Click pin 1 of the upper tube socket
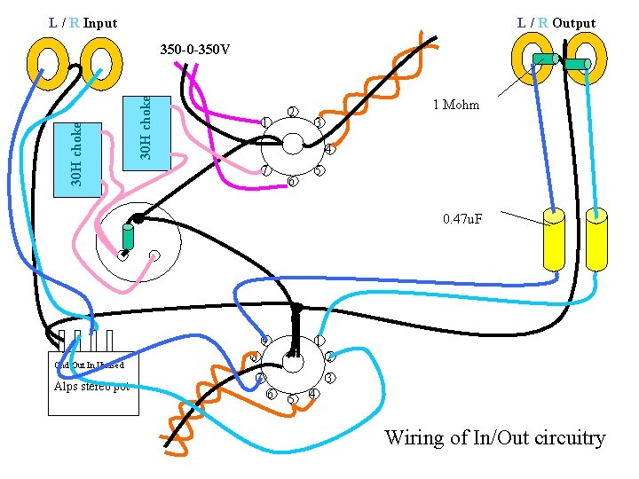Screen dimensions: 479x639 (266, 122)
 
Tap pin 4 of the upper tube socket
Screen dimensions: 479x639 (328, 149)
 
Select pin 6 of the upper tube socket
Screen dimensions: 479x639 (292, 182)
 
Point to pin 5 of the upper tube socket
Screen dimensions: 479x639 (319, 170)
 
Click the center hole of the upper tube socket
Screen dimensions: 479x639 (292, 145)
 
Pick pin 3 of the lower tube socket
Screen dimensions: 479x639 (329, 379)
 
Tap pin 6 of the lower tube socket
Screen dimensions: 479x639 (272, 394)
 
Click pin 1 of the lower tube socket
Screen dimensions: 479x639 (319, 341)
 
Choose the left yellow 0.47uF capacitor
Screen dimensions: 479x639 (554, 239)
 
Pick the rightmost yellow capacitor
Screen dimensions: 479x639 (596, 239)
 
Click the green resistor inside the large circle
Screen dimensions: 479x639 (128, 236)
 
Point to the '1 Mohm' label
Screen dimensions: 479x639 (456, 105)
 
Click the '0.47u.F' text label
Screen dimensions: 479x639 (462, 218)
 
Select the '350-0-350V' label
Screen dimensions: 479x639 (194, 49)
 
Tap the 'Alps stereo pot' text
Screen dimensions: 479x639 (91, 386)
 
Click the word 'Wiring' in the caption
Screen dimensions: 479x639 (415, 437)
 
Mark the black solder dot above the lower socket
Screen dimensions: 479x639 (297, 309)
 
